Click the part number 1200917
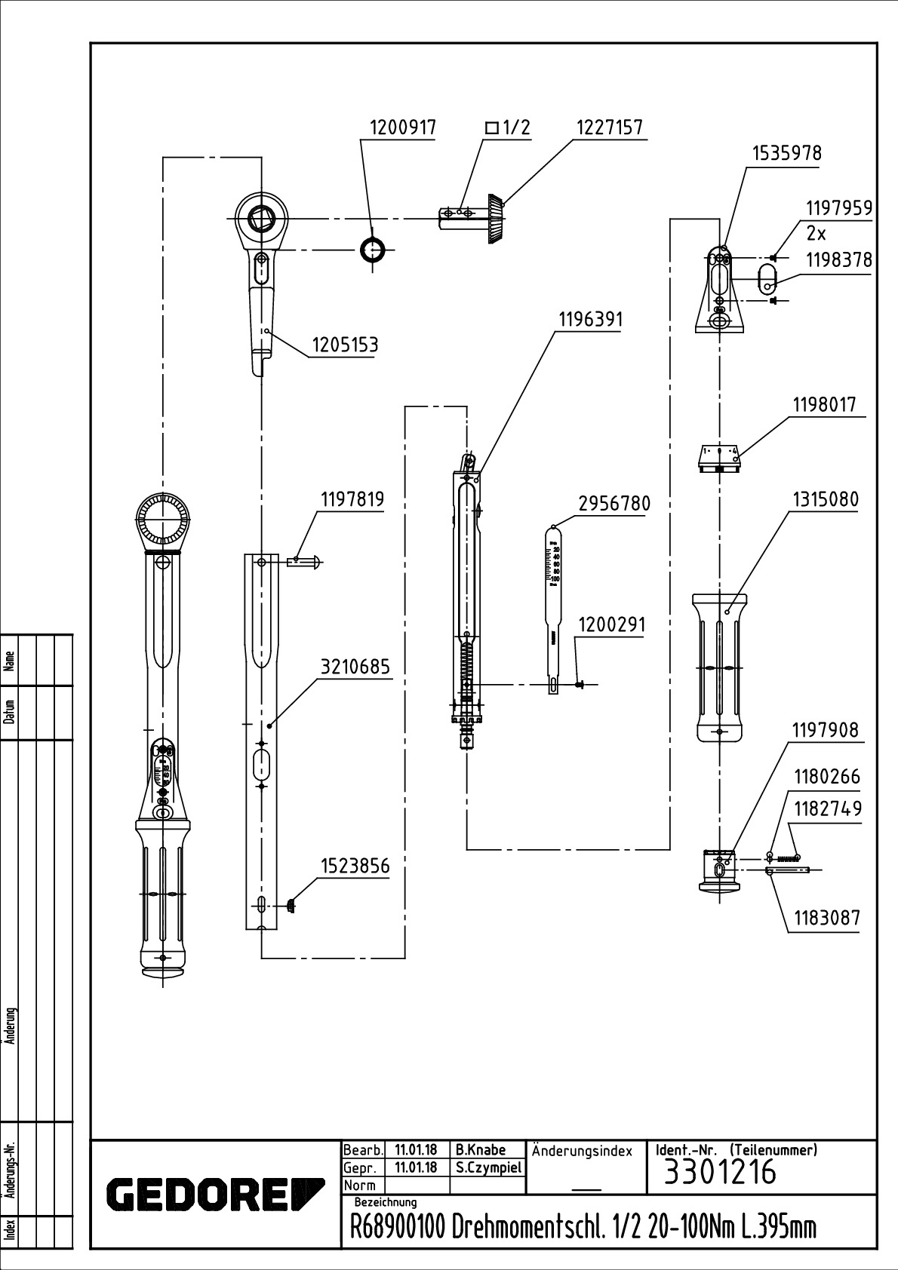point(402,127)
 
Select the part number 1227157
point(610,127)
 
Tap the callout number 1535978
point(786,153)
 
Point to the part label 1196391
point(591,320)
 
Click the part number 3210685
point(355,667)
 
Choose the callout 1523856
point(355,866)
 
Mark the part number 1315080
point(825,499)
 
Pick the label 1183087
point(826,919)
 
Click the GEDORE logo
point(215,1194)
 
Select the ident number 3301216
point(719,1173)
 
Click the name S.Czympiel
point(488,1167)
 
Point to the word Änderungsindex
point(582,1151)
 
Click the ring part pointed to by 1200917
point(372,249)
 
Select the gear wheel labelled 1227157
point(495,218)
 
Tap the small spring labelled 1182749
point(787,857)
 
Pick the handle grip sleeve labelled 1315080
point(720,667)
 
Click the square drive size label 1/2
point(508,127)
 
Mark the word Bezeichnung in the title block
point(385,1202)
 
